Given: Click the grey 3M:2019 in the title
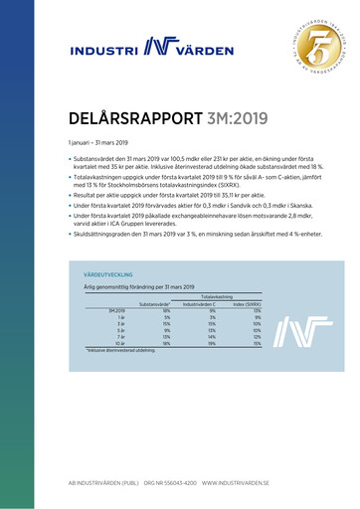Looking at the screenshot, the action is pos(232,119).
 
